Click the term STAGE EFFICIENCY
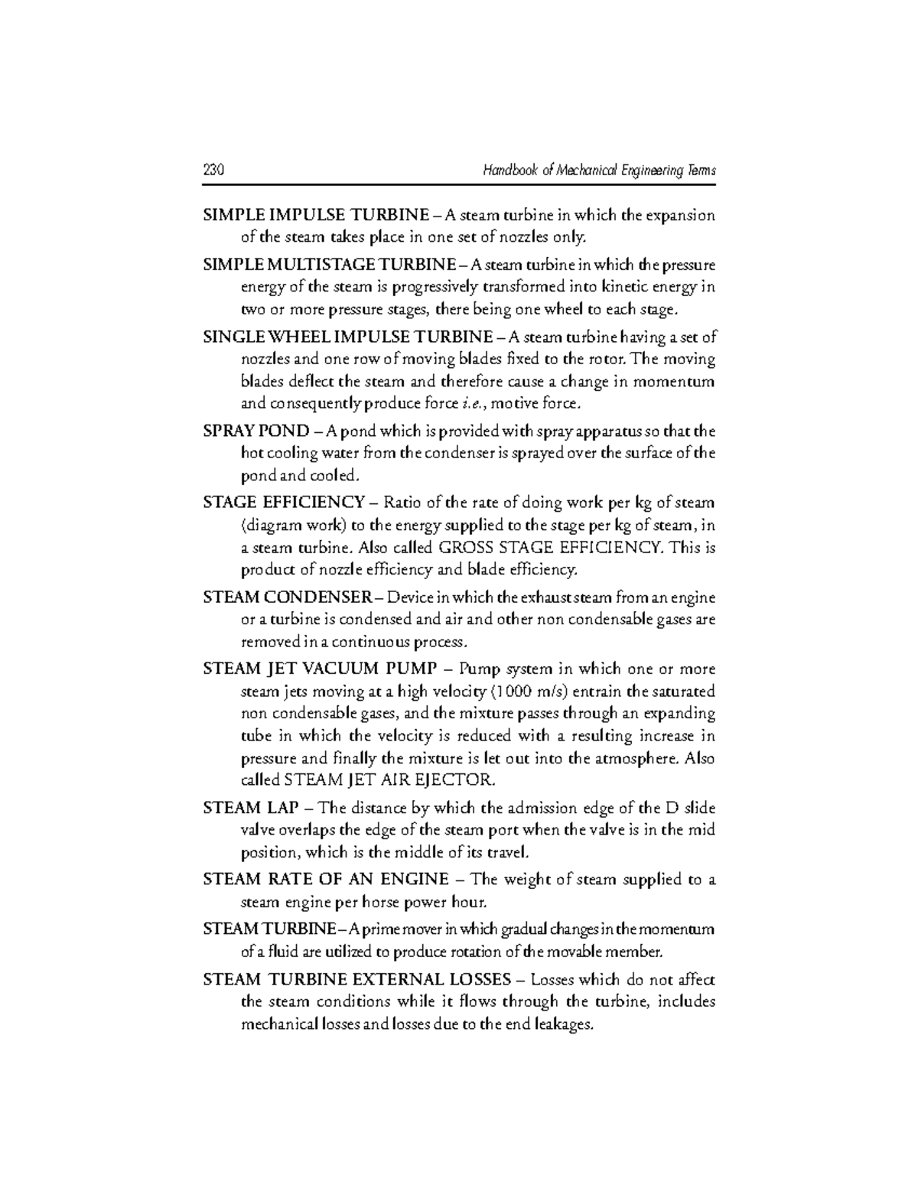pos(284,503)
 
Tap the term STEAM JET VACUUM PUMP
pos(320,669)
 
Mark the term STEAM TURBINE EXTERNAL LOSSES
pos(357,979)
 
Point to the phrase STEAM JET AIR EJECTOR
pos(389,781)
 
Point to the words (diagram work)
pos(285,526)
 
